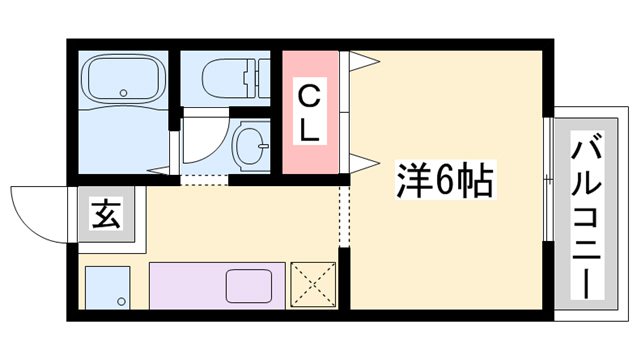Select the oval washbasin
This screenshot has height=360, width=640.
coord(248,148)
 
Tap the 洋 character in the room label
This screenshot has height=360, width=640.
coord(411,180)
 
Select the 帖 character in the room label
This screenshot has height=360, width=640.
coord(473,180)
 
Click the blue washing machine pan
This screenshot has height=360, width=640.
coord(108,287)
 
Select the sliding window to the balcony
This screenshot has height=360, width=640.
coord(547,180)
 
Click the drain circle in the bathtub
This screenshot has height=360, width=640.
coord(123,92)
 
